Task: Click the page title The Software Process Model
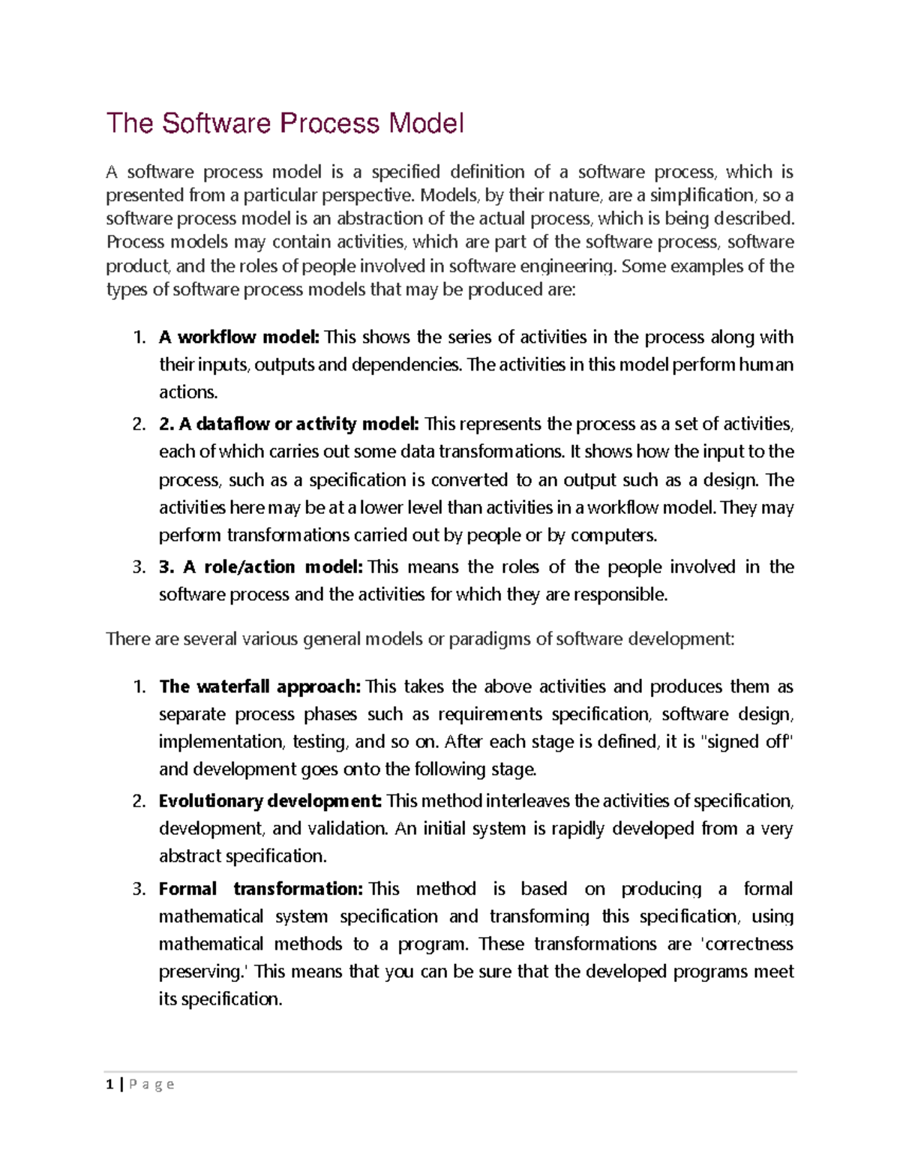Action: (285, 124)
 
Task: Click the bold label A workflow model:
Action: (239, 338)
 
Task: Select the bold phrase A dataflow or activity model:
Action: (289, 425)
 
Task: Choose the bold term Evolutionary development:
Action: (270, 801)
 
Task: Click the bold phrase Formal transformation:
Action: (260, 889)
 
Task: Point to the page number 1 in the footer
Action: (110, 1085)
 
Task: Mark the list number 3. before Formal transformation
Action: (139, 890)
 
